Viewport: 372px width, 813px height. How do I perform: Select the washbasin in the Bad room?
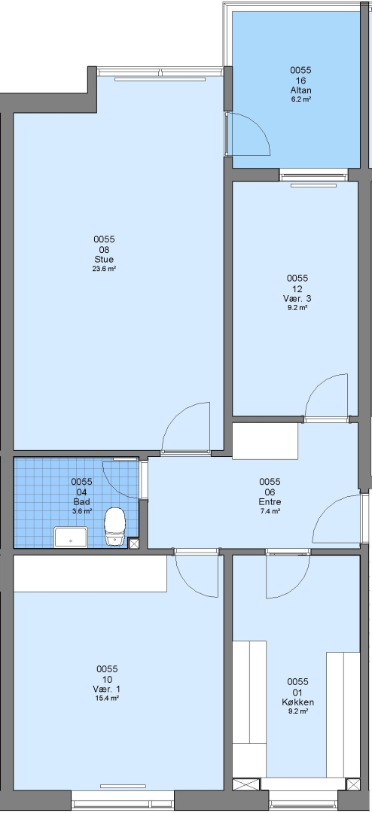71,537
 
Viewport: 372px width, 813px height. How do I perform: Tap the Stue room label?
104,259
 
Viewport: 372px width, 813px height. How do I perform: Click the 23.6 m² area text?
104,269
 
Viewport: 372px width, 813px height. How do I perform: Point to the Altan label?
301,90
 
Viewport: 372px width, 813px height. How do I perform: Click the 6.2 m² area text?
301,99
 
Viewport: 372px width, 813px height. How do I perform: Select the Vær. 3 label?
297,299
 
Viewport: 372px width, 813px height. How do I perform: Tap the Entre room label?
270,502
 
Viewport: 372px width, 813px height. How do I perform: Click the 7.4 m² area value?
270,511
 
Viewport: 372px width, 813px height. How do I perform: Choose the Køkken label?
297,702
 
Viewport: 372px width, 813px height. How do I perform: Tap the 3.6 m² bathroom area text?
82,511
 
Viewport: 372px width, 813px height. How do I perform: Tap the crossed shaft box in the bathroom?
134,544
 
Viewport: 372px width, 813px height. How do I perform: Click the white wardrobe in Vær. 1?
90,574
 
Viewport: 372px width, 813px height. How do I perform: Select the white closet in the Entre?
265,440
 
